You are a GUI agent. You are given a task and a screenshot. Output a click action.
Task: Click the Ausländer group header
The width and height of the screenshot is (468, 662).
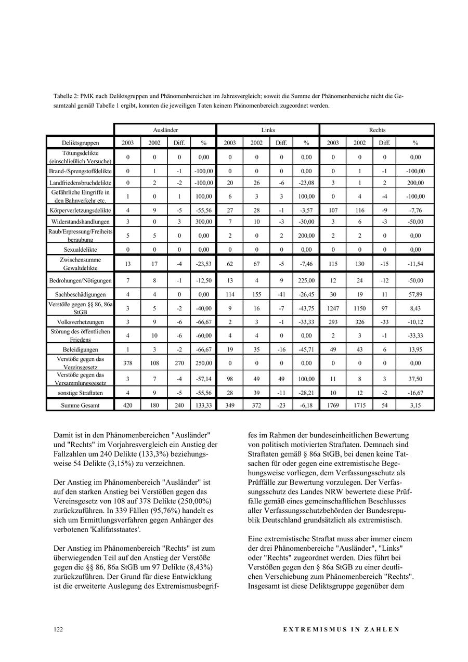click(x=165, y=130)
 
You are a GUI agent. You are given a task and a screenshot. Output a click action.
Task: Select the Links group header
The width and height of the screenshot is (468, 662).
click(x=268, y=130)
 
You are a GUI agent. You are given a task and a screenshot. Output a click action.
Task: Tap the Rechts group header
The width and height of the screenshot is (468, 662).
click(x=377, y=130)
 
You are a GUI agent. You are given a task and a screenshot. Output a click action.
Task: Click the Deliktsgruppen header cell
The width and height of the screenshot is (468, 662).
click(x=80, y=142)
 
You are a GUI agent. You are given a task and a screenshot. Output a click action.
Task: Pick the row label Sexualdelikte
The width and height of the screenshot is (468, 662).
click(x=80, y=250)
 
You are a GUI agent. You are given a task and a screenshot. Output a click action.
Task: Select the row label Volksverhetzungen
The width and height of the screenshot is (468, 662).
click(x=80, y=322)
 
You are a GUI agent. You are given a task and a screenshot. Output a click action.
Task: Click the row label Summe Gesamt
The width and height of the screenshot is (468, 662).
click(x=80, y=405)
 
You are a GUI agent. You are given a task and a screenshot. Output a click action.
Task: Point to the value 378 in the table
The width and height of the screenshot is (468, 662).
click(x=127, y=363)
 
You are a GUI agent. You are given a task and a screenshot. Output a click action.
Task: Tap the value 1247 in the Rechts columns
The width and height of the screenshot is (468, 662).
click(x=333, y=308)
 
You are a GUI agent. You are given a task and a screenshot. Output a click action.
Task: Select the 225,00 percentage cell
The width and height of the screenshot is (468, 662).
click(x=306, y=281)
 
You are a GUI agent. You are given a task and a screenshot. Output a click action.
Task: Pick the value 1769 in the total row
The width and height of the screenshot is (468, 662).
click(x=333, y=405)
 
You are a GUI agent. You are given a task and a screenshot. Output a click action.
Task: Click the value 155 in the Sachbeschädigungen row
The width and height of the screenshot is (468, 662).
click(x=256, y=295)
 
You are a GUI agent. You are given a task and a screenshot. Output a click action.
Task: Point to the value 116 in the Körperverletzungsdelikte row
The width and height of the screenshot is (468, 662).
click(x=359, y=211)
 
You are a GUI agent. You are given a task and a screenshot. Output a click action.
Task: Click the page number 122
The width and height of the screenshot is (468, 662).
click(x=58, y=629)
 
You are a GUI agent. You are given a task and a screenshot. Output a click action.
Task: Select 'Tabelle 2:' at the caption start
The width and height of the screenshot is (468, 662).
click(x=66, y=96)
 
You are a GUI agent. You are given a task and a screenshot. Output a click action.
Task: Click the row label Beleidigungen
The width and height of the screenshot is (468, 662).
click(x=80, y=349)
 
